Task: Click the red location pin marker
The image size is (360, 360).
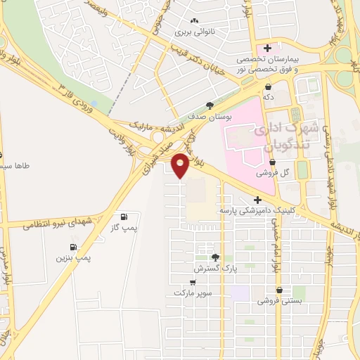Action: pyautogui.click(x=181, y=165)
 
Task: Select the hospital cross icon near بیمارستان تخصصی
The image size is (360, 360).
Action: pyautogui.click(x=267, y=47)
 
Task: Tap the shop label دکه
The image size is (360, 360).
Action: pyautogui.click(x=268, y=96)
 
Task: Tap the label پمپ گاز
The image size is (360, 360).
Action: pyautogui.click(x=124, y=229)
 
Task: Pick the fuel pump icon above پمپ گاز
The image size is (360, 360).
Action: pyautogui.click(x=124, y=217)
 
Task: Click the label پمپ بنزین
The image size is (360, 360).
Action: pyautogui.click(x=75, y=259)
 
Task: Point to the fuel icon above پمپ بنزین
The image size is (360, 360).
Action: pyautogui.click(x=73, y=247)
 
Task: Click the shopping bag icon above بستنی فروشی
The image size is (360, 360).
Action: pyautogui.click(x=280, y=289)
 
